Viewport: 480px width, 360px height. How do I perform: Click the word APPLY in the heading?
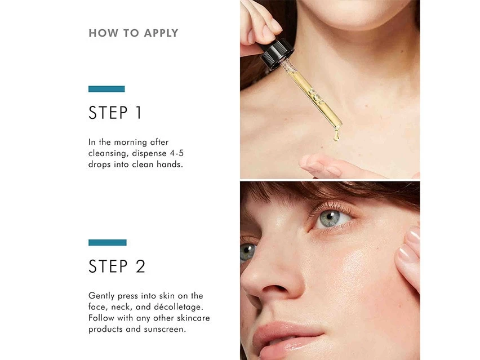161,33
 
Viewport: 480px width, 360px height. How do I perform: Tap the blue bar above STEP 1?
106,89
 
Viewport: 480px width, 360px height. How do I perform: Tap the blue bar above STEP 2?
108,242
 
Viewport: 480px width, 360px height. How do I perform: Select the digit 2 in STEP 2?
140,266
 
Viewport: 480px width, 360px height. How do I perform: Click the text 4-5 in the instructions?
177,153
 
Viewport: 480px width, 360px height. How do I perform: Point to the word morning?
130,143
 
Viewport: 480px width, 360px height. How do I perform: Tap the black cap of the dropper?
277,55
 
